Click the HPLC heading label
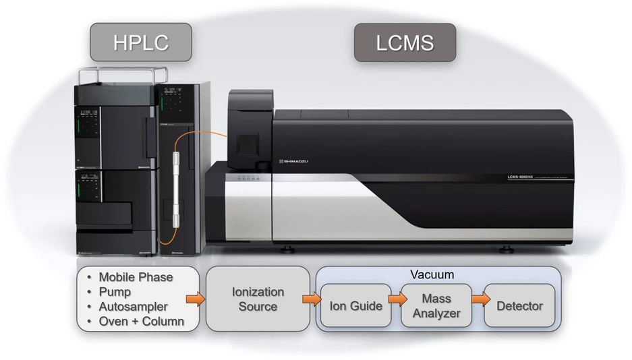click(x=140, y=43)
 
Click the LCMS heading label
click(x=405, y=43)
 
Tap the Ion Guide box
click(x=355, y=306)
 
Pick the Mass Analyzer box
click(x=436, y=306)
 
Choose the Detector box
click(x=519, y=306)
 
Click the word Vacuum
click(x=432, y=275)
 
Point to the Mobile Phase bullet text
click(x=136, y=277)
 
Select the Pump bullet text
click(x=115, y=292)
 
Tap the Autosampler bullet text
click(x=133, y=307)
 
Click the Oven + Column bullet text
click(x=141, y=322)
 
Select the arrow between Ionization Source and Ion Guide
click(x=311, y=299)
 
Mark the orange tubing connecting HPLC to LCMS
click(x=202, y=136)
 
